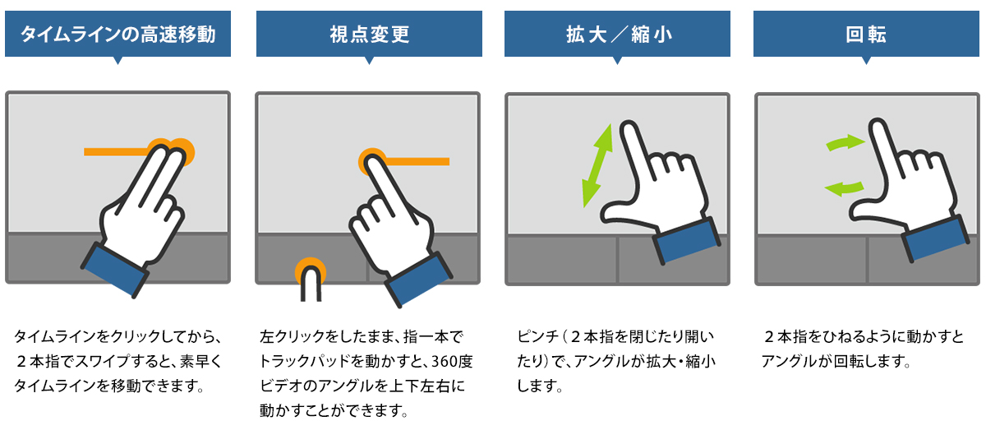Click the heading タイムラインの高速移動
point(118,35)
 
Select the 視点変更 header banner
point(369,35)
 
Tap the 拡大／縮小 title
point(619,35)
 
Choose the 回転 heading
point(866,35)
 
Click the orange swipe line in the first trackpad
point(117,152)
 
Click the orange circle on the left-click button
point(311,269)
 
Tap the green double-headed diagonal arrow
point(597,165)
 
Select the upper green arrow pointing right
point(845,143)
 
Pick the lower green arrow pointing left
point(845,189)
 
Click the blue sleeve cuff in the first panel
point(114,270)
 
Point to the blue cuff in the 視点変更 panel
point(418,280)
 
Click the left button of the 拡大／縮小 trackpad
point(562,260)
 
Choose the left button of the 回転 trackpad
point(812,260)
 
